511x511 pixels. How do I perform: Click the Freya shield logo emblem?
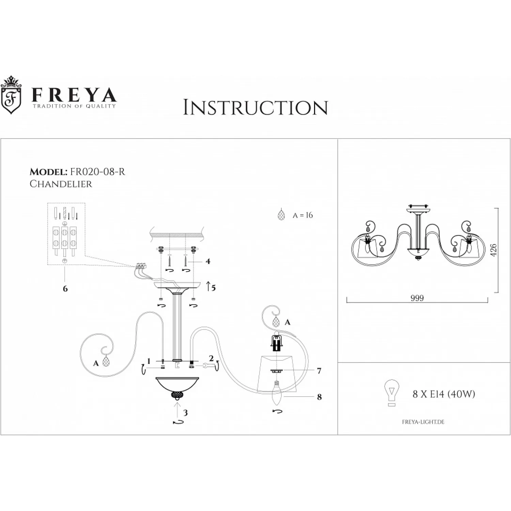pyautogui.click(x=11, y=95)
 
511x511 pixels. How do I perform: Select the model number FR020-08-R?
pyautogui.click(x=97, y=172)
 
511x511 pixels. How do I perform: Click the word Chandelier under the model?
pyautogui.click(x=61, y=184)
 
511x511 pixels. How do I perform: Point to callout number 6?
pyautogui.click(x=65, y=289)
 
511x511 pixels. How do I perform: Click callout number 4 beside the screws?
pyautogui.click(x=208, y=261)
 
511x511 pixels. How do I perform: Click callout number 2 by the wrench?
pyautogui.click(x=211, y=358)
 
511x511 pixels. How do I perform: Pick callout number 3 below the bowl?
pyautogui.click(x=185, y=413)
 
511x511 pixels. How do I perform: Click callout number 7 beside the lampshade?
pyautogui.click(x=319, y=371)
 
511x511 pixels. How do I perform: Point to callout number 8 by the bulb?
pyautogui.click(x=319, y=397)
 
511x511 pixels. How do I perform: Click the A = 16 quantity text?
pyautogui.click(x=303, y=215)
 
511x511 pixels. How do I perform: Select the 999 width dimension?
pyautogui.click(x=417, y=298)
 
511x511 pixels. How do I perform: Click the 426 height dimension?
pyautogui.click(x=493, y=250)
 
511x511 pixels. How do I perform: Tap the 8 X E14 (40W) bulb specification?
pyautogui.click(x=444, y=394)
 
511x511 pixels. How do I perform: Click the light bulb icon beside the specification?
pyautogui.click(x=391, y=393)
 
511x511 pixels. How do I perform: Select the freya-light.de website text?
pyautogui.click(x=423, y=422)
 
